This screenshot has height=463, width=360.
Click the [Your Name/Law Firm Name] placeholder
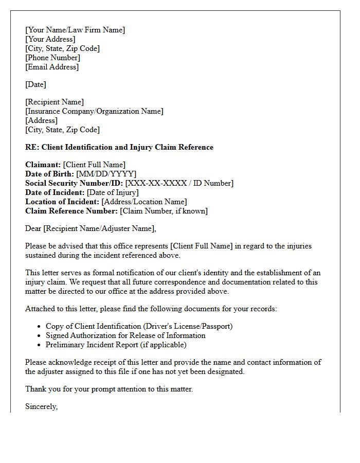(75, 30)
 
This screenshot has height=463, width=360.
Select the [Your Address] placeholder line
(50, 39)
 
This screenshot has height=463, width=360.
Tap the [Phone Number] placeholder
(53, 58)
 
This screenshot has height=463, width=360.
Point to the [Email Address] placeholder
(52, 67)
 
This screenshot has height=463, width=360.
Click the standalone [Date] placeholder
(36, 84)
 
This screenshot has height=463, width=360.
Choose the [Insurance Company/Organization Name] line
(94, 111)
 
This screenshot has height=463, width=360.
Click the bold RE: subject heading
(119, 147)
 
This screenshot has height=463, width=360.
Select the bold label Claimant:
(43, 165)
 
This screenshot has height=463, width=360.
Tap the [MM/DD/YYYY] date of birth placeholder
(106, 174)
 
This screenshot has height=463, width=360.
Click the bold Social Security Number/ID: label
(74, 183)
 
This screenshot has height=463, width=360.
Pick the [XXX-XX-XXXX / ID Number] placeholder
(179, 183)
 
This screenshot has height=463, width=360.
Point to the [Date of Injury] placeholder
(113, 192)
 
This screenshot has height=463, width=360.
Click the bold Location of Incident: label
(62, 202)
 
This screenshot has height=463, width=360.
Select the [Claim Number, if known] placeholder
(164, 211)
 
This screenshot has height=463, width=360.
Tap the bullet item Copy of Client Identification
(139, 326)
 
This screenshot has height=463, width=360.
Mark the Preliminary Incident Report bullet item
(116, 345)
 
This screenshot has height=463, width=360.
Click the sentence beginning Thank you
(109, 389)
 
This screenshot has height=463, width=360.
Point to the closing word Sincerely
(41, 406)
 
